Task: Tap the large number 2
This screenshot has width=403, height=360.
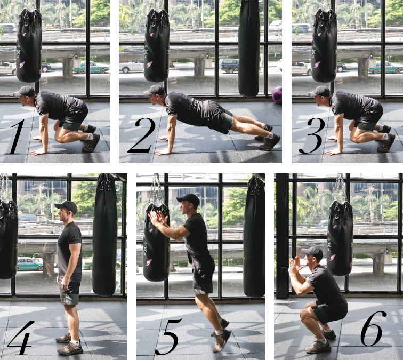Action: point(142,135)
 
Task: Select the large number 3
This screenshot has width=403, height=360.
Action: point(312,136)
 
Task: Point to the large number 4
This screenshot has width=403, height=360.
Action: point(21,338)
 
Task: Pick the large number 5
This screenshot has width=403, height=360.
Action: point(168,337)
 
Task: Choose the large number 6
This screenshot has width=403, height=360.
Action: point(373,329)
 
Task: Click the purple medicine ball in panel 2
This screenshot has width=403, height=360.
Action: point(277,94)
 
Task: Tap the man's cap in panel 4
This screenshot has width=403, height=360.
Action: point(66,207)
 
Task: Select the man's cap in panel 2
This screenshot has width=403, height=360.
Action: point(155,91)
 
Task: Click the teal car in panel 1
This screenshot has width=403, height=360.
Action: point(91,68)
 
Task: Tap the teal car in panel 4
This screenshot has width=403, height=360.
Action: point(29,264)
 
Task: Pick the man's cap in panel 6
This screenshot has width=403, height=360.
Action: point(312,253)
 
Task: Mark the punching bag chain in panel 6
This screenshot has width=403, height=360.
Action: point(340,188)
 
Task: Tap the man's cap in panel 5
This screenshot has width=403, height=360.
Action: point(188,199)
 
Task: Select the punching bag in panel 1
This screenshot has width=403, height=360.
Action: point(29,45)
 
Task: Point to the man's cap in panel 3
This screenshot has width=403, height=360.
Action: point(319,91)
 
